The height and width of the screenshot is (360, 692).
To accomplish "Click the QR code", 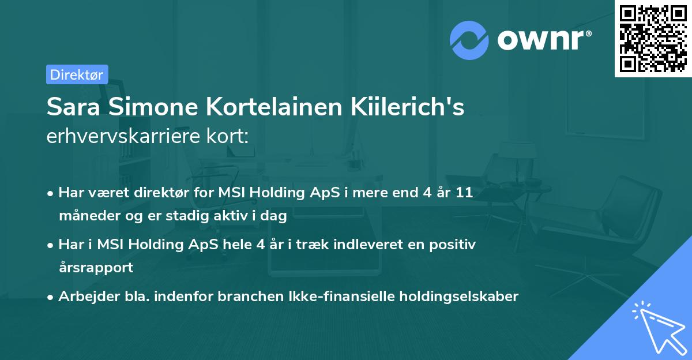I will click(x=653, y=39).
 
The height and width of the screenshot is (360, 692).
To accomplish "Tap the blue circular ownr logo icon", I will click(x=469, y=41).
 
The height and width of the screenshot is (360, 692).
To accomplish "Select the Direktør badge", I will click(x=77, y=74).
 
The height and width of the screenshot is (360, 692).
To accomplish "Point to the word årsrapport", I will click(x=96, y=268).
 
